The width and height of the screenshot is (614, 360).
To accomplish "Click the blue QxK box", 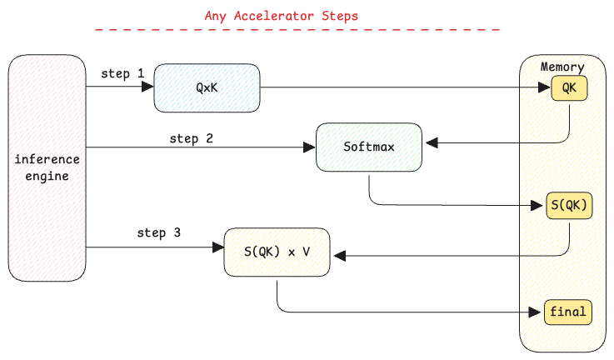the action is pos(207,88).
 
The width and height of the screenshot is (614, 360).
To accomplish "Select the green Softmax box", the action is pos(369,147).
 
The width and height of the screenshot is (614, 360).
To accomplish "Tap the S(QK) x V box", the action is pos(277,252).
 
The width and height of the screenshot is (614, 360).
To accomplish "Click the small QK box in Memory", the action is pos(569,88).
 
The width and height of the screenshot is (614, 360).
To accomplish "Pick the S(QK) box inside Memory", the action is pos(569,205).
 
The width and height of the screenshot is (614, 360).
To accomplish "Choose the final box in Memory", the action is pos(568,312).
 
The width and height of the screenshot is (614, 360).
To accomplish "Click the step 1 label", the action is pos(123,73).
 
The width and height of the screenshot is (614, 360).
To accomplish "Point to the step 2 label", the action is pos(191,138).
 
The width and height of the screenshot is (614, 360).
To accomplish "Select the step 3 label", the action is pos(158,233).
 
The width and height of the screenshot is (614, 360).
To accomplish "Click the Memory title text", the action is pos(562,67).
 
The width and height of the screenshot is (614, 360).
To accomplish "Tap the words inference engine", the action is pos(47,168).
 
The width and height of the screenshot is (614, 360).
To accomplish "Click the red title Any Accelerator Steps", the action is pos(281,16).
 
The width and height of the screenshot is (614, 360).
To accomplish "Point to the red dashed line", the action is pos(297,29).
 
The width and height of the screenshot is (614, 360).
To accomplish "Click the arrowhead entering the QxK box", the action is pos(147,87).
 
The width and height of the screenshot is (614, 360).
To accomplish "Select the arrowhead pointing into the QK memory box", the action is pos(545,87).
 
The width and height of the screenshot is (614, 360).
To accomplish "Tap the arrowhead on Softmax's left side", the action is pos(309,147).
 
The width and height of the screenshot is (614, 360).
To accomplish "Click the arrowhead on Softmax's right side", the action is pos(432,143).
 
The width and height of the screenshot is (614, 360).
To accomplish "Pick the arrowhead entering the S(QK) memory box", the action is pos(537,205).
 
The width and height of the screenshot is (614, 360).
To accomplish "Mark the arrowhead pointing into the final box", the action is pos(535,312).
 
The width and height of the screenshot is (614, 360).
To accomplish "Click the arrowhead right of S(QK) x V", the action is pos(340,256).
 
